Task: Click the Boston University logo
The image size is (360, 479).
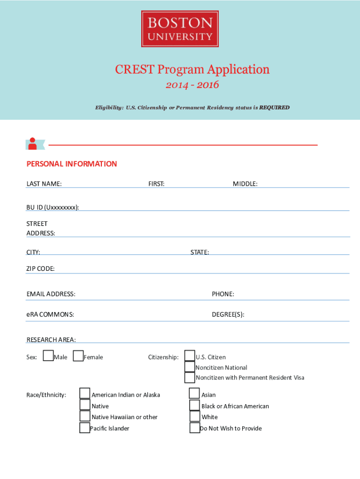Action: tap(180, 29)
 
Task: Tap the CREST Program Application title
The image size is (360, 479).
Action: tap(192, 70)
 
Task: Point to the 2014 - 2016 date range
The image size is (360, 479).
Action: tap(192, 86)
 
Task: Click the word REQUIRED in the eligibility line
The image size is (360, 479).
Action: tap(274, 108)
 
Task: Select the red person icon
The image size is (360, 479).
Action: tap(33, 143)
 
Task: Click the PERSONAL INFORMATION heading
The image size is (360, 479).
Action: tap(72, 164)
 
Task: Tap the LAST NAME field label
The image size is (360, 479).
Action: tap(44, 184)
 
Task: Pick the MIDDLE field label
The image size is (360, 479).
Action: tap(245, 184)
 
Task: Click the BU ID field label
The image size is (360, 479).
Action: tap(52, 207)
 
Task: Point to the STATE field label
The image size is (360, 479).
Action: tap(200, 253)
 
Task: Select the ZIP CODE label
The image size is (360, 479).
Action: tap(41, 269)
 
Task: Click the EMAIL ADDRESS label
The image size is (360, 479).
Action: tap(51, 294)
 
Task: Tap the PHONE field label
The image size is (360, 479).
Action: tap(223, 294)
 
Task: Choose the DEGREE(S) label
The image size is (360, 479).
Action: tap(228, 314)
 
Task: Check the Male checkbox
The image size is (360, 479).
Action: tap(48, 356)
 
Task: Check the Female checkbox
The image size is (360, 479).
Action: tap(78, 356)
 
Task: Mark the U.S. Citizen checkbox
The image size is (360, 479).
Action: tap(190, 356)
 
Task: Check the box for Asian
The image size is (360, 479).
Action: tap(194, 394)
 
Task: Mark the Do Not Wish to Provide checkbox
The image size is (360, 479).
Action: tap(195, 428)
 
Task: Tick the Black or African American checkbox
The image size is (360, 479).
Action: tap(194, 405)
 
